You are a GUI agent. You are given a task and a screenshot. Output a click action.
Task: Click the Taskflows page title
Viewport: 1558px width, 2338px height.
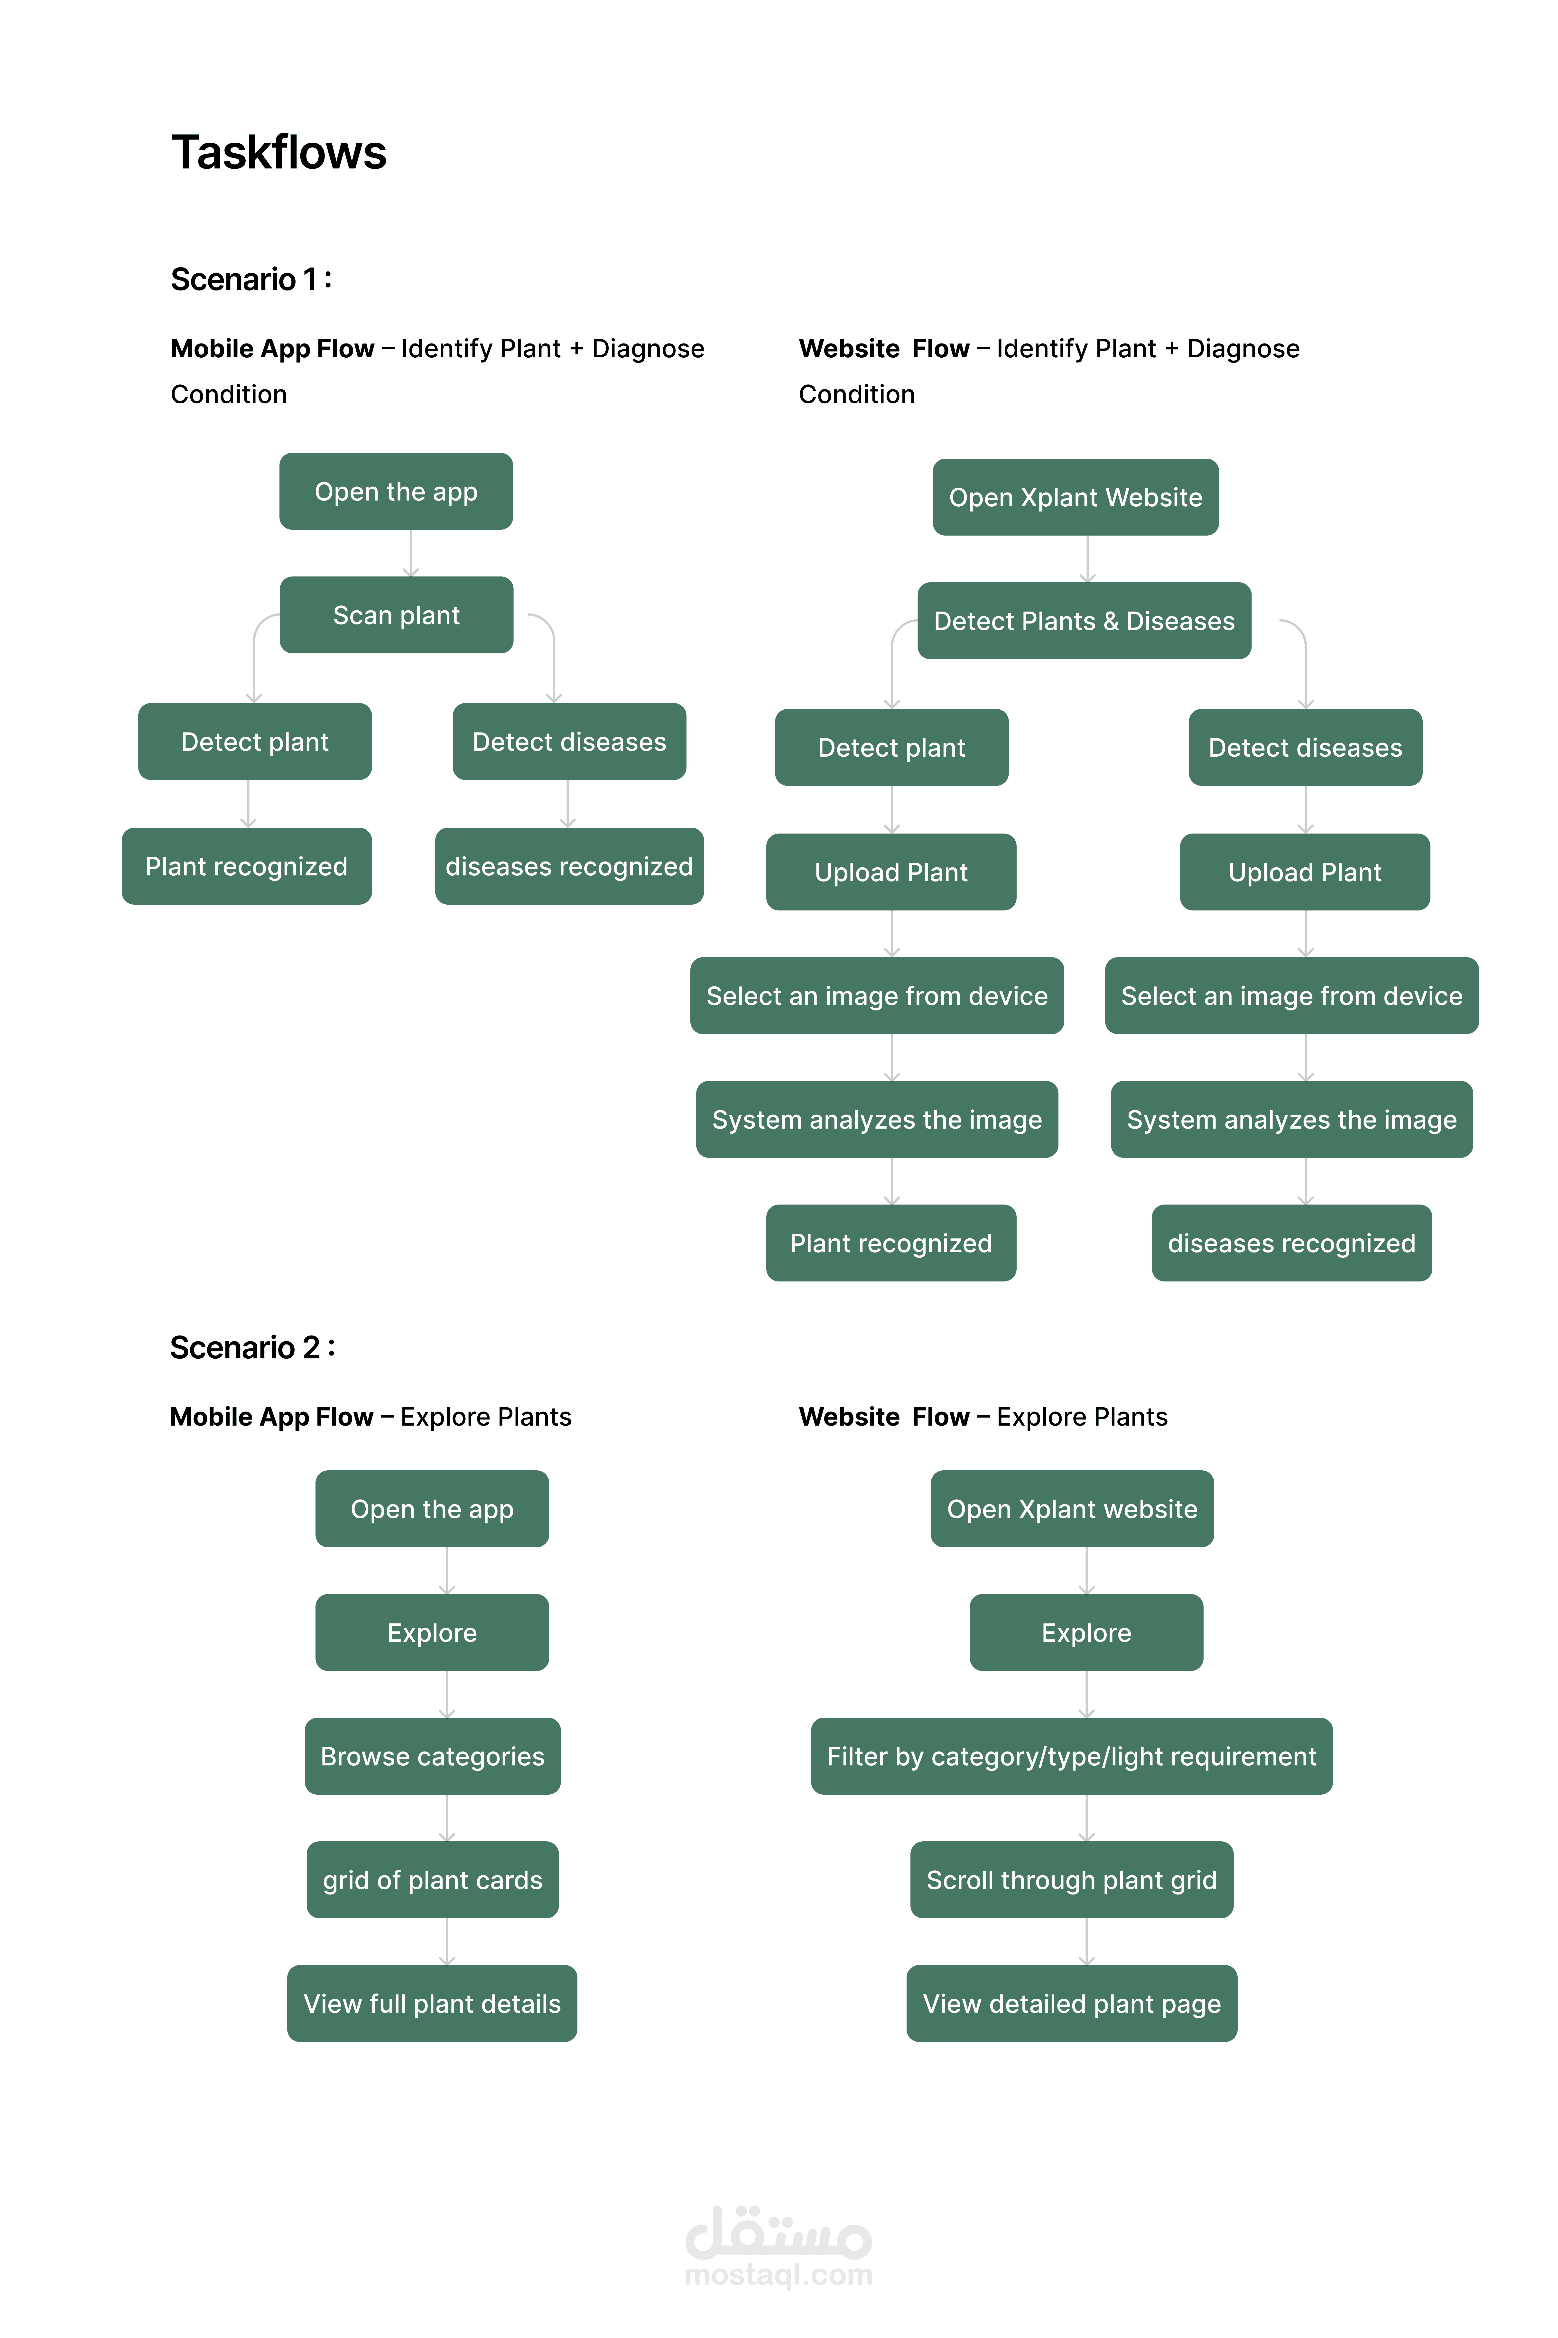coord(279,153)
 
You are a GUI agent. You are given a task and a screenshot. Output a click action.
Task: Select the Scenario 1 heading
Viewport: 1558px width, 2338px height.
coord(251,279)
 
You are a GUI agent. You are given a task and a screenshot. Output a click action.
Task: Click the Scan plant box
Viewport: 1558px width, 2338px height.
coord(397,615)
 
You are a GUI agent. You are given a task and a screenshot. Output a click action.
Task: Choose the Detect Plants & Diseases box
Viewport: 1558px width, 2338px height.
coord(1084,621)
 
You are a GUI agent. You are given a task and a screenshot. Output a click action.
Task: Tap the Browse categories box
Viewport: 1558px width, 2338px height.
coord(432,1756)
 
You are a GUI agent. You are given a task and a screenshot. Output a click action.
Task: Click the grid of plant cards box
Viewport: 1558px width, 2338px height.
coord(432,1880)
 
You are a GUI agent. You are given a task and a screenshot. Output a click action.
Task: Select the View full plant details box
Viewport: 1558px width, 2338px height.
coord(432,2003)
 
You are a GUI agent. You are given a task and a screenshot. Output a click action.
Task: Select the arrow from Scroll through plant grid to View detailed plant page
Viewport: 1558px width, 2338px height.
coord(1087,1941)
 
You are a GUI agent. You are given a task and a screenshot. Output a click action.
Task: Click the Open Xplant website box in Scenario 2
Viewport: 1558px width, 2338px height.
coord(1072,1508)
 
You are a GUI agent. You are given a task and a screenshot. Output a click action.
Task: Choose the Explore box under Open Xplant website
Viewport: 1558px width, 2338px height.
coord(1086,1633)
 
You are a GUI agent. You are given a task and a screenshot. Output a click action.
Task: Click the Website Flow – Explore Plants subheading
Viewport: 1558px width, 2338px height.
coord(983,1417)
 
